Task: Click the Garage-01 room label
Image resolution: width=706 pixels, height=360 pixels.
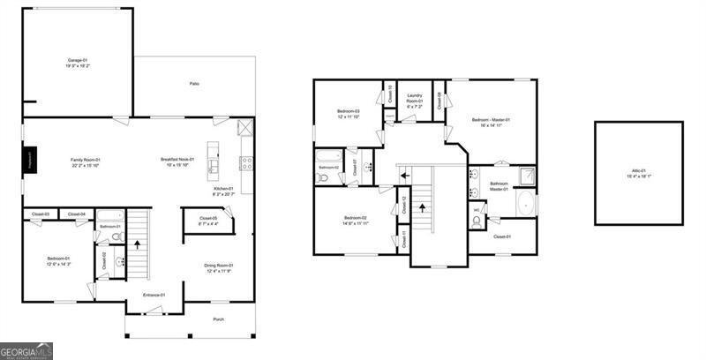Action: (74, 63)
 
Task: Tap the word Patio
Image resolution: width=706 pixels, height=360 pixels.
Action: (194, 84)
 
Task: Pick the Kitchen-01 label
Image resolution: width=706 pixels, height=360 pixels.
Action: (223, 191)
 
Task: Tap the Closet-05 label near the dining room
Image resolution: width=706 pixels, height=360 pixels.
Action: (208, 221)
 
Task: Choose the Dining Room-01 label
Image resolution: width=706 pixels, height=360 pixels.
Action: (218, 268)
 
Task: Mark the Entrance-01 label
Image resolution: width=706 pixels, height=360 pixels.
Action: (154, 295)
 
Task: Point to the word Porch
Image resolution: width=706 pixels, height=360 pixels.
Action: (218, 319)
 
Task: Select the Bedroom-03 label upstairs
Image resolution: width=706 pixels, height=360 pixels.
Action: (349, 114)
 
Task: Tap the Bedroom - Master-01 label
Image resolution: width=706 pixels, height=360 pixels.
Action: (491, 122)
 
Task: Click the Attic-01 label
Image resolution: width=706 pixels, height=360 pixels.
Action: (638, 173)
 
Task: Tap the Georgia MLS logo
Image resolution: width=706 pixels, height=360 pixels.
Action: (26, 351)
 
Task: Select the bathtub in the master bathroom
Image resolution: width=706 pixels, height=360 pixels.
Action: (526, 204)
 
